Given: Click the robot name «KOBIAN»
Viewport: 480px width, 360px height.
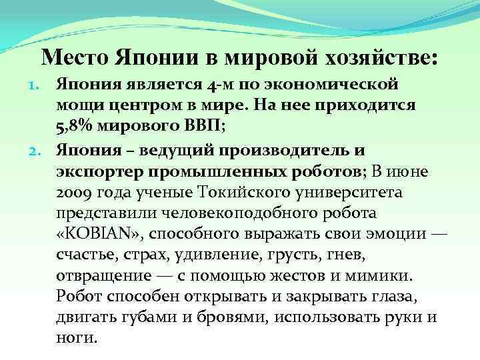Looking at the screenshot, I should (x=98, y=235).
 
